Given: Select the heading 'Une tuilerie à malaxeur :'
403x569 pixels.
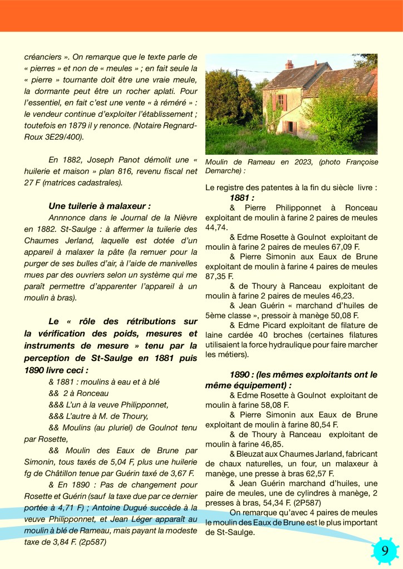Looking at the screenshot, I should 99,206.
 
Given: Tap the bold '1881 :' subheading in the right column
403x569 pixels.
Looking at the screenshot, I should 242,197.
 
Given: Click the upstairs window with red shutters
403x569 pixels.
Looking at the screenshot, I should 280,102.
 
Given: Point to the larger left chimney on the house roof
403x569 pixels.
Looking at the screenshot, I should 289,64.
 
